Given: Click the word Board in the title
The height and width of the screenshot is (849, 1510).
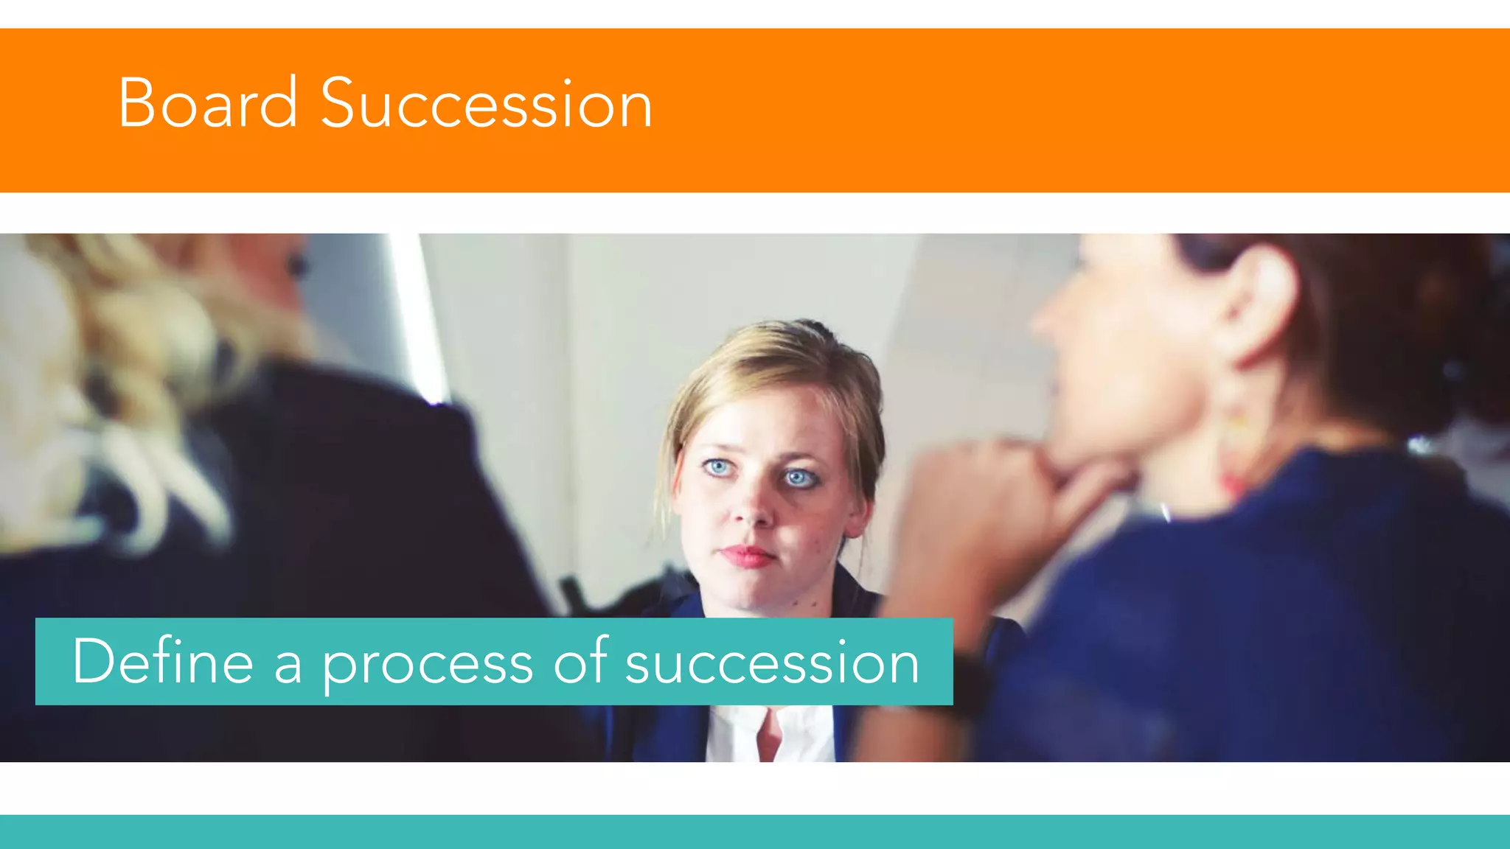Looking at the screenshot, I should pos(207,103).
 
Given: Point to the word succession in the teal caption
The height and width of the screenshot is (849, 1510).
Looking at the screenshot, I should pos(772,663).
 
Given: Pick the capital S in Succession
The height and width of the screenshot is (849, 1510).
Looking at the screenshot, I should pos(341,103).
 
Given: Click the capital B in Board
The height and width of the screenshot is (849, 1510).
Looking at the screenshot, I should pos(138,103).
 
